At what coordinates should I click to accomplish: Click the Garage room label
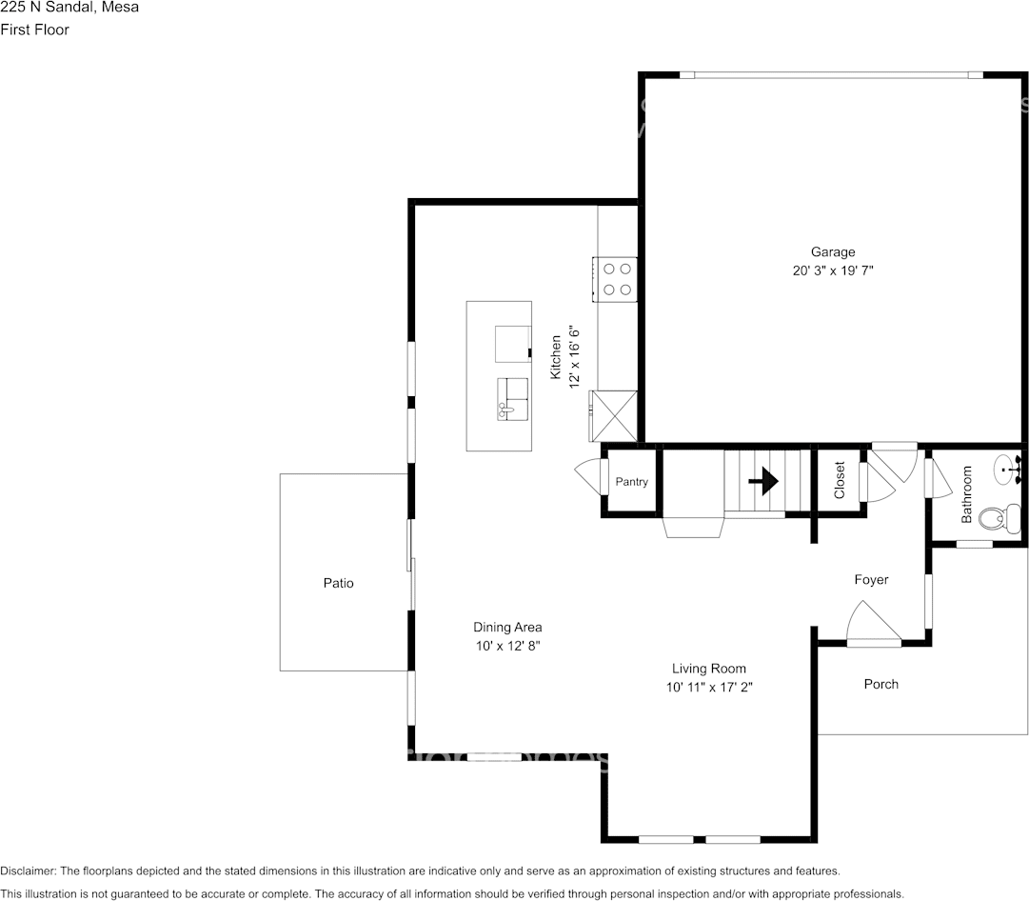click(832, 252)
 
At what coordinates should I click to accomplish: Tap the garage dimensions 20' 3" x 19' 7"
click(832, 270)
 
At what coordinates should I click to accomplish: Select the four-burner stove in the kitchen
click(617, 279)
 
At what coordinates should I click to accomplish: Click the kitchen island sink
click(512, 398)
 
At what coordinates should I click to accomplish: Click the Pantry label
click(631, 482)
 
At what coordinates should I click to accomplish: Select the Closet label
click(840, 481)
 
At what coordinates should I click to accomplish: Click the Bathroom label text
click(966, 494)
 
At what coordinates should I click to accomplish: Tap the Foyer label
click(871, 579)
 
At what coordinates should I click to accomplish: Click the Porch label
click(881, 684)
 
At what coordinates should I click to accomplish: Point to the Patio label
click(338, 583)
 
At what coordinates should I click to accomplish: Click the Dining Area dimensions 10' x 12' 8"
click(507, 646)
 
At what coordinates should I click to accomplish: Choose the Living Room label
click(708, 669)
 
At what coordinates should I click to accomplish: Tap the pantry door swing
click(588, 474)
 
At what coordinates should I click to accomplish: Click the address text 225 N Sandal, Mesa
click(69, 8)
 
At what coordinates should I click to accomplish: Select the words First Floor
click(35, 30)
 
